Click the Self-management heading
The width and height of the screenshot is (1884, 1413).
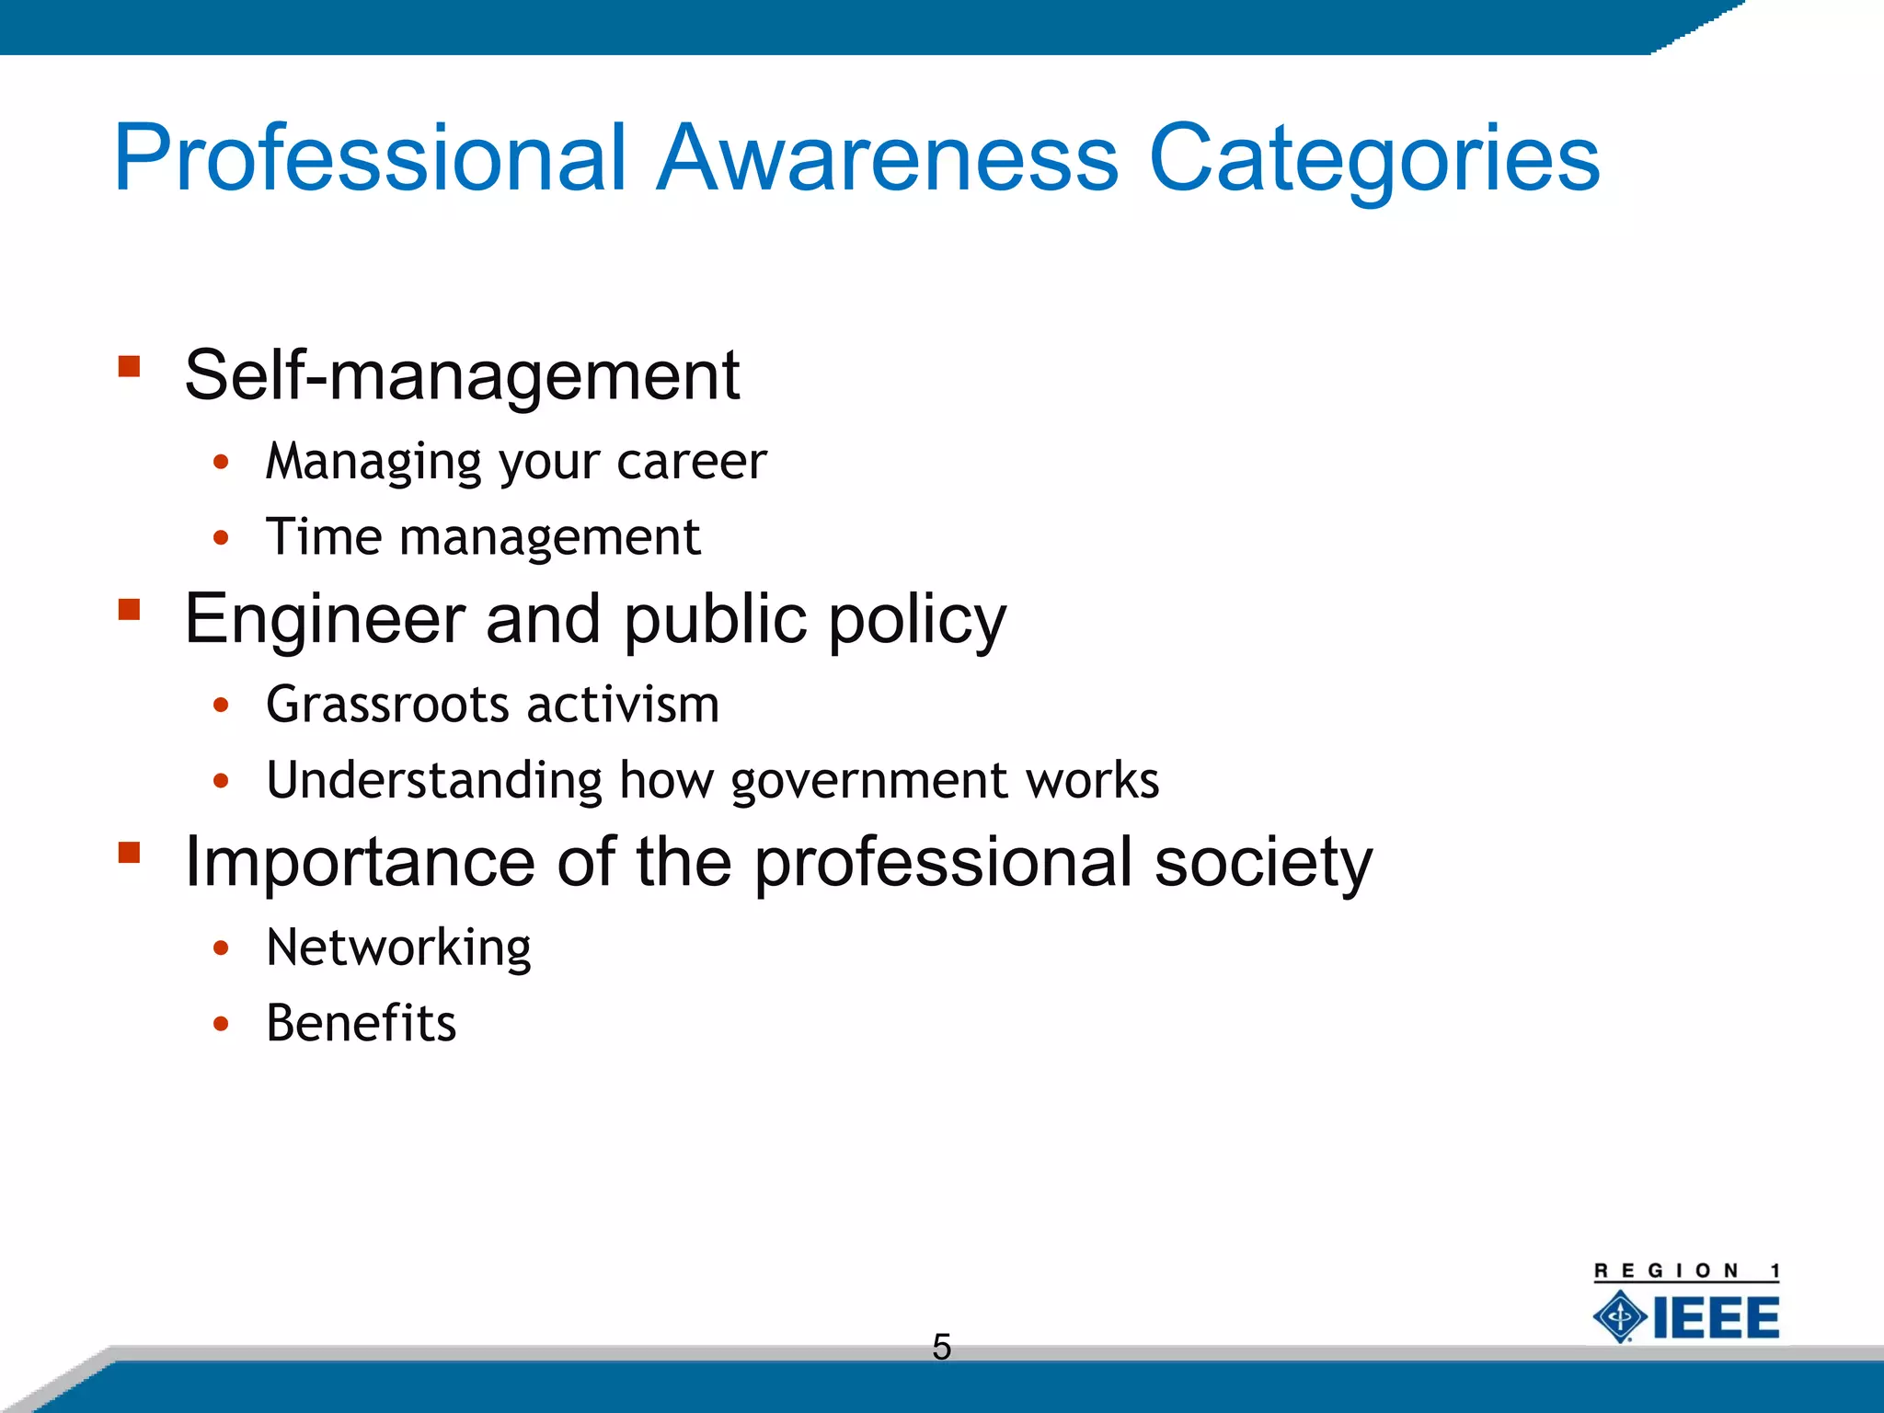(462, 375)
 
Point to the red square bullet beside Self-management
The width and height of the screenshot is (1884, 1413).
(129, 367)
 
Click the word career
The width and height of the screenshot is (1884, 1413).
(691, 461)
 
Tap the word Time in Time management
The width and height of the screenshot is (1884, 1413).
(323, 536)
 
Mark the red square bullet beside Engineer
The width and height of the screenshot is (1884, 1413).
(129, 610)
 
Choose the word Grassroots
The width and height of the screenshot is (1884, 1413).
(387, 705)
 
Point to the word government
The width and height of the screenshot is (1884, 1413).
(869, 782)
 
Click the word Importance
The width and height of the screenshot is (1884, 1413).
(360, 862)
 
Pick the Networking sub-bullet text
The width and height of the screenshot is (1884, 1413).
(398, 948)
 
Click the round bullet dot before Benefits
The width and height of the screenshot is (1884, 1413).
(221, 1024)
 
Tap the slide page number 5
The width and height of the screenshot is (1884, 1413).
(941, 1347)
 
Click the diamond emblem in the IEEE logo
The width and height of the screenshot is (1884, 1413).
(1620, 1317)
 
